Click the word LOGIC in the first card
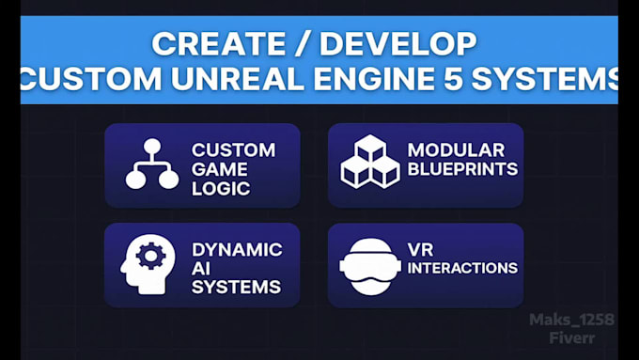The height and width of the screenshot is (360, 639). pos(219,188)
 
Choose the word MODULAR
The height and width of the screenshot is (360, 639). pos(456,150)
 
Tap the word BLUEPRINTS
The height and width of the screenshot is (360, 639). pos(462,169)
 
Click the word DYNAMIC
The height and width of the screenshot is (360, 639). pos(237,250)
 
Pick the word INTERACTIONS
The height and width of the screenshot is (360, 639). pos(462,268)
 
